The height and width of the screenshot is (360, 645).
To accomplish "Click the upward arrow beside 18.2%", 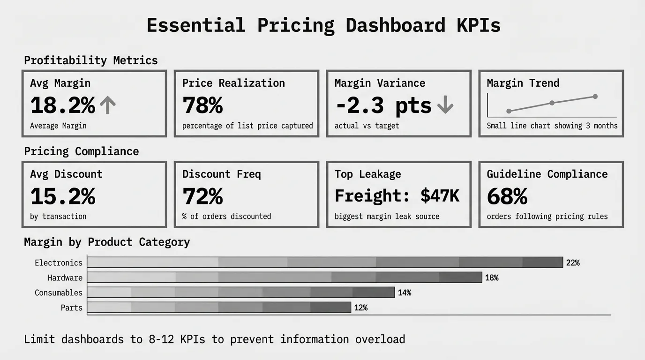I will (x=107, y=105).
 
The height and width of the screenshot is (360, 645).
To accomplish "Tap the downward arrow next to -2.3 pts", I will (x=445, y=105).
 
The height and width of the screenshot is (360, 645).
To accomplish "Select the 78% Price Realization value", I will (x=202, y=105).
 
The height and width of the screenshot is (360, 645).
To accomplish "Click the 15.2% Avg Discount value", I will (x=63, y=196).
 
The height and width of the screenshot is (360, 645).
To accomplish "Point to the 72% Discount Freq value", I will (x=202, y=196).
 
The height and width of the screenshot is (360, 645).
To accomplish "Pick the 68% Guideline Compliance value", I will (x=507, y=196).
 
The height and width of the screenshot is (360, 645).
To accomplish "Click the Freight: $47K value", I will (x=397, y=195).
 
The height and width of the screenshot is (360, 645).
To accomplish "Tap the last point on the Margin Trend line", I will (x=595, y=97).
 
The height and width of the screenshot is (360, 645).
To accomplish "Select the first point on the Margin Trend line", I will (x=509, y=111).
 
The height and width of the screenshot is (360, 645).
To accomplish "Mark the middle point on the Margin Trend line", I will (x=552, y=103).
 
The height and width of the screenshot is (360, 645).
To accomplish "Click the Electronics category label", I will (x=59, y=262).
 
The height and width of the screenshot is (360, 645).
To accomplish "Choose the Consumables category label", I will (x=59, y=292).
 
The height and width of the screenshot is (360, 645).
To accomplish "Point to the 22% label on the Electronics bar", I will (x=573, y=262).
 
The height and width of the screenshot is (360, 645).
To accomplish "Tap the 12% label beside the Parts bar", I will (x=361, y=307).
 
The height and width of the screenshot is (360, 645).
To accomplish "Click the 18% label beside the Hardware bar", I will (x=492, y=277).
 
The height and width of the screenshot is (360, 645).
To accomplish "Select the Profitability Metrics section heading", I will (x=91, y=60).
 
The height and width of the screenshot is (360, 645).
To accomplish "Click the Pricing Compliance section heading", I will (x=82, y=151).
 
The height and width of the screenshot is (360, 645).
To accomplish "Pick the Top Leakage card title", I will (x=368, y=174).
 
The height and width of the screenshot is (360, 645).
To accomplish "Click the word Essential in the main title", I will (x=196, y=25).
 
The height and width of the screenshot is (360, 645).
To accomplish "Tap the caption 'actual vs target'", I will (x=367, y=126).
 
